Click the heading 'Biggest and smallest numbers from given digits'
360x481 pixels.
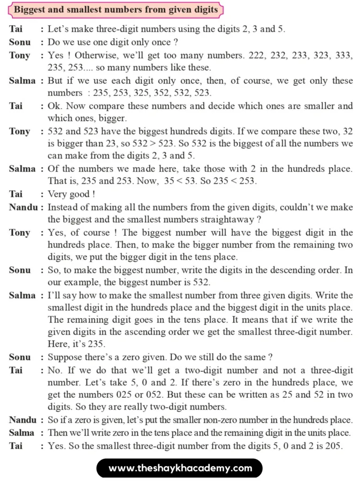pyautogui.click(x=116, y=9)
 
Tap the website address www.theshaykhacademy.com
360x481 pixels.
pyautogui.click(x=180, y=468)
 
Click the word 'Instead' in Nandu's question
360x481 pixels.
pyautogui.click(x=63, y=207)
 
